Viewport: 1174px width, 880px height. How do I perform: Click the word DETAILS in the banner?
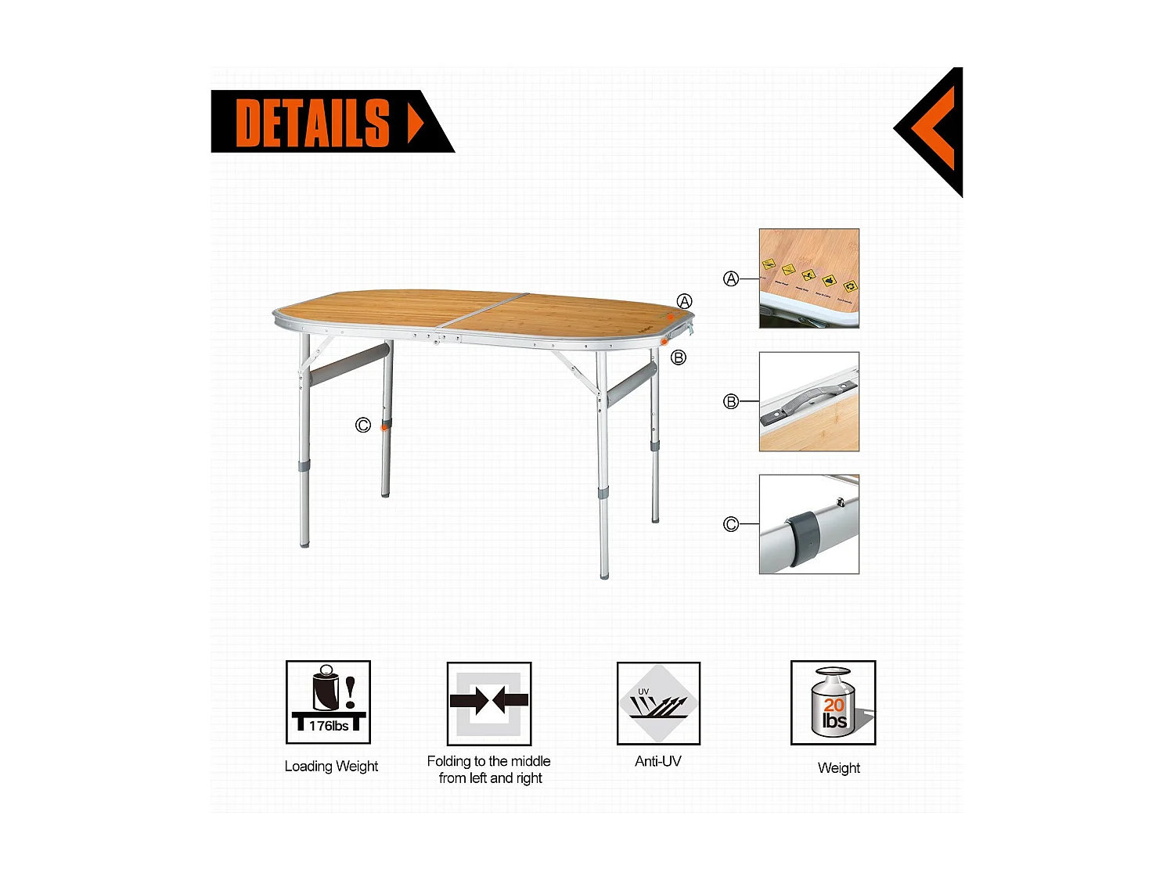pyautogui.click(x=312, y=122)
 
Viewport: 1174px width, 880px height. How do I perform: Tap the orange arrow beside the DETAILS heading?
pyautogui.click(x=416, y=122)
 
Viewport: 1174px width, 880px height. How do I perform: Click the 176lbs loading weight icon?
pyautogui.click(x=328, y=702)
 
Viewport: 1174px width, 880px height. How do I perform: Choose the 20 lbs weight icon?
pyautogui.click(x=833, y=702)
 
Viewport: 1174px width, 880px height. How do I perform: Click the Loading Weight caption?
pyautogui.click(x=331, y=767)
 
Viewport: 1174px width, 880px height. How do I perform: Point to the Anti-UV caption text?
pyautogui.click(x=658, y=761)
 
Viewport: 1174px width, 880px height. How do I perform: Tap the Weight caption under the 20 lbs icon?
pyautogui.click(x=838, y=768)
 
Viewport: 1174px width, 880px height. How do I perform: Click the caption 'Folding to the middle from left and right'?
pyautogui.click(x=489, y=770)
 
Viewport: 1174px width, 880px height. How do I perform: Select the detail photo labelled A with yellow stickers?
pyautogui.click(x=809, y=278)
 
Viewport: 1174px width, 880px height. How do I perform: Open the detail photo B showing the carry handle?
pyautogui.click(x=809, y=401)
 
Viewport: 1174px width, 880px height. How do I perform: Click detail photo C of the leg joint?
pyautogui.click(x=809, y=524)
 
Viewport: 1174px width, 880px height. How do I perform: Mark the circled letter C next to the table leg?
pyautogui.click(x=362, y=426)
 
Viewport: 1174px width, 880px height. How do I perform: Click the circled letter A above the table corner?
pyautogui.click(x=685, y=302)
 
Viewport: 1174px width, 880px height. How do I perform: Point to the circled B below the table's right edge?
pyautogui.click(x=679, y=357)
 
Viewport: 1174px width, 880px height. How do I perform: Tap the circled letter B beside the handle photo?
pyautogui.click(x=731, y=402)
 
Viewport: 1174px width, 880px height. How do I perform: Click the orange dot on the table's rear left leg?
pyautogui.click(x=384, y=427)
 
